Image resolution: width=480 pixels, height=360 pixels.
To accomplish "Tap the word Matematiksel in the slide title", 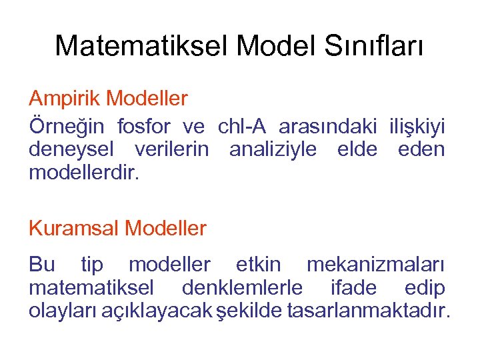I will pos(141,46).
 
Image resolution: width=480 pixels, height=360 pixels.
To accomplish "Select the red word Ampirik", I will pos(64,99).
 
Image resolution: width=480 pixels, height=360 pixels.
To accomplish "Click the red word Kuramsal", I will pos(74,229).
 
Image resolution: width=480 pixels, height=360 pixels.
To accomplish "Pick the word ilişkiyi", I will pos(417,126).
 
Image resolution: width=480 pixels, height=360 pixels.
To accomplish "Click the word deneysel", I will pos(71,149).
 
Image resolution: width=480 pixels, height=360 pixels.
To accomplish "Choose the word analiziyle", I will pos(273,149).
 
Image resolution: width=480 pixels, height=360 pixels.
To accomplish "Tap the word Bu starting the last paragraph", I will pos(41,265).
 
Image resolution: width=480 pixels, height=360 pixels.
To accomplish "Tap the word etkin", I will pos(258,265).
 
